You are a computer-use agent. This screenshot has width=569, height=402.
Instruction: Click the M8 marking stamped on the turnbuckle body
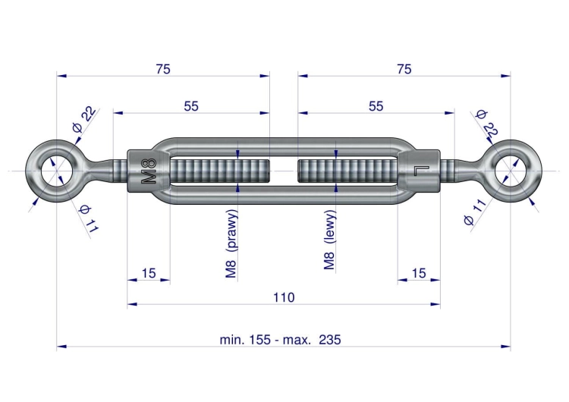click(148, 171)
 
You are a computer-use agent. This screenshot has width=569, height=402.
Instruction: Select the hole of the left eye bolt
click(57, 171)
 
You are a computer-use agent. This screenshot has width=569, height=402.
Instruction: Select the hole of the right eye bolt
click(511, 171)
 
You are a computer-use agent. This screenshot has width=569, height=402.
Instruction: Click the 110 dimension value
click(284, 297)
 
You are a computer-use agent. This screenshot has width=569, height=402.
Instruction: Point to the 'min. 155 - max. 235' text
click(280, 340)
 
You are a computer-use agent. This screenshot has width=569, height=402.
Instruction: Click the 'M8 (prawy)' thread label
click(231, 244)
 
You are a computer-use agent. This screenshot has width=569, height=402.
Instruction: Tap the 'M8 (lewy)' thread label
click(329, 240)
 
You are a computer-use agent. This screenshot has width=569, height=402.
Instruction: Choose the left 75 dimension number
click(163, 69)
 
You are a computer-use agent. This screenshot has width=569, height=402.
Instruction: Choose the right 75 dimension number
click(404, 69)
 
